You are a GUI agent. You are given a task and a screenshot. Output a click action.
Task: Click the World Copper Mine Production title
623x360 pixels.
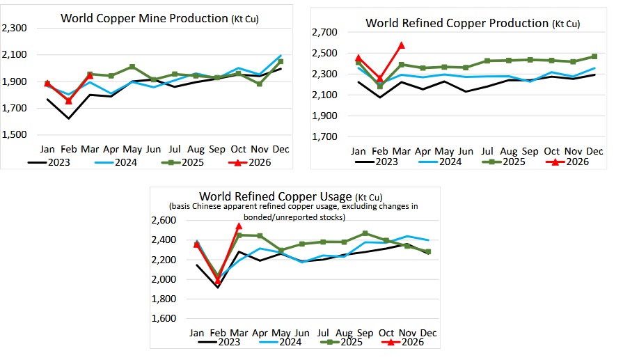(159, 18)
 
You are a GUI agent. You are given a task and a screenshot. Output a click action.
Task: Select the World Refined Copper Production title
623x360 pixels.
(473, 23)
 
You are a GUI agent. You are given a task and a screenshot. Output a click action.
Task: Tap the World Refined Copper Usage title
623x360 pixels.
(290, 196)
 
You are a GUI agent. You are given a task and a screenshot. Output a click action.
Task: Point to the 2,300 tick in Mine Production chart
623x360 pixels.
(15, 28)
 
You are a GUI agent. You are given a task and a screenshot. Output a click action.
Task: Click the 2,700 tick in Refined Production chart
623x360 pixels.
(324, 32)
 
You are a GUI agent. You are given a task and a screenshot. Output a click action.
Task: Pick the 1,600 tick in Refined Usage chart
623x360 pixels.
(164, 318)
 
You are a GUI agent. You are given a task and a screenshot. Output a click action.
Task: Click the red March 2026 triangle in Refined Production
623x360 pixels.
(401, 45)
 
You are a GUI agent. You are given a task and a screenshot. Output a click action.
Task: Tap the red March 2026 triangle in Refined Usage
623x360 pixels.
(239, 226)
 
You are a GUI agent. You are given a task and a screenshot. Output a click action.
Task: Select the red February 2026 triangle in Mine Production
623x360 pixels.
(69, 101)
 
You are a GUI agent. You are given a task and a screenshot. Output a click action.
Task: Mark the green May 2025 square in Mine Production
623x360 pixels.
(132, 67)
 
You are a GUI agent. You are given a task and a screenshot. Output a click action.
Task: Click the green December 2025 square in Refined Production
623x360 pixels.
(594, 56)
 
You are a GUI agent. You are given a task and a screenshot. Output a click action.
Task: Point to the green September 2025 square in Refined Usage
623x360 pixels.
(365, 233)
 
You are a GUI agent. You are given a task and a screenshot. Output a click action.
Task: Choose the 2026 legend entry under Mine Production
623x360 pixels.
(250, 162)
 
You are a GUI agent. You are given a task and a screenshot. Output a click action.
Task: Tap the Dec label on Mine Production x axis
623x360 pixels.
(281, 150)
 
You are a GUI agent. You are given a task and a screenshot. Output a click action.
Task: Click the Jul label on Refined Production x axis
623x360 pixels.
(487, 151)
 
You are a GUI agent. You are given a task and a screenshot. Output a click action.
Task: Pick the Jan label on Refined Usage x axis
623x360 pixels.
(197, 333)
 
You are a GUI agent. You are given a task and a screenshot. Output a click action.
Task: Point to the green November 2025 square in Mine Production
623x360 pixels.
(260, 84)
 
